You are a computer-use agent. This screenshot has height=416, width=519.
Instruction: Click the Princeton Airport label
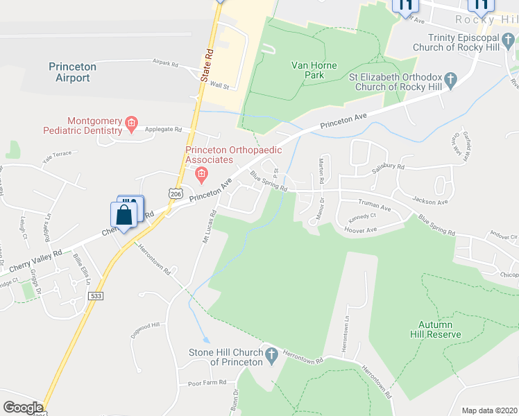pyautogui.click(x=73, y=72)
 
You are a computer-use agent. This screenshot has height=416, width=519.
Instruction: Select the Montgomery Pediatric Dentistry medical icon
pyautogui.click(x=130, y=125)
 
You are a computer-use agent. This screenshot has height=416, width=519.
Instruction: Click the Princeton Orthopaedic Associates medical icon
pyautogui.click(x=202, y=173)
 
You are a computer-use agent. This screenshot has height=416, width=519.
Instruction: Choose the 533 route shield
pyautogui.click(x=96, y=295)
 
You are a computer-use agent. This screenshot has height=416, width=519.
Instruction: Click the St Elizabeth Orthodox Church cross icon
pyautogui.click(x=451, y=81)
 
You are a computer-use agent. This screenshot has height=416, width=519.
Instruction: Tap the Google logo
pyautogui.click(x=22, y=408)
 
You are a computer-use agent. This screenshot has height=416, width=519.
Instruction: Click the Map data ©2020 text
pyautogui.click(x=489, y=410)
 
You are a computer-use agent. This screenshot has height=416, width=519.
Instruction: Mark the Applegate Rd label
pyautogui.click(x=163, y=129)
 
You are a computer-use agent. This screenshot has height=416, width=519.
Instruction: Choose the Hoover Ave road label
pyautogui.click(x=360, y=230)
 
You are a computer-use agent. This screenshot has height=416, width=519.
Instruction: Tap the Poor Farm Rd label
pyautogui.click(x=207, y=383)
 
